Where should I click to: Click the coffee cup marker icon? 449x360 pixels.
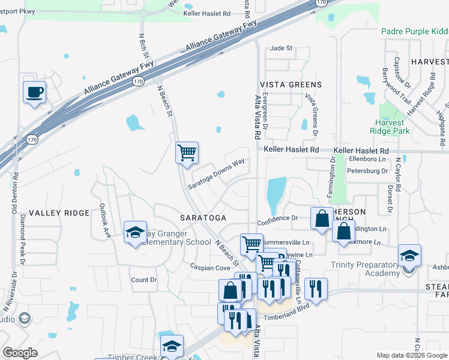34,93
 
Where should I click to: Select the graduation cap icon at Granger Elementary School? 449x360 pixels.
135,232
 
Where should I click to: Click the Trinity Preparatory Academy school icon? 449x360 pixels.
409,256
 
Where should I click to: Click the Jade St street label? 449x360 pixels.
281,48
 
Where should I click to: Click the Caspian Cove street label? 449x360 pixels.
210,266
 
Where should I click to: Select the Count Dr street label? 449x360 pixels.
143,280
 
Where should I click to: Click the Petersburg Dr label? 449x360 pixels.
368,171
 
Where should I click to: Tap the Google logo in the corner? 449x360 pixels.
20,352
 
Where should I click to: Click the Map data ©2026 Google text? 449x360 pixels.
412,355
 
